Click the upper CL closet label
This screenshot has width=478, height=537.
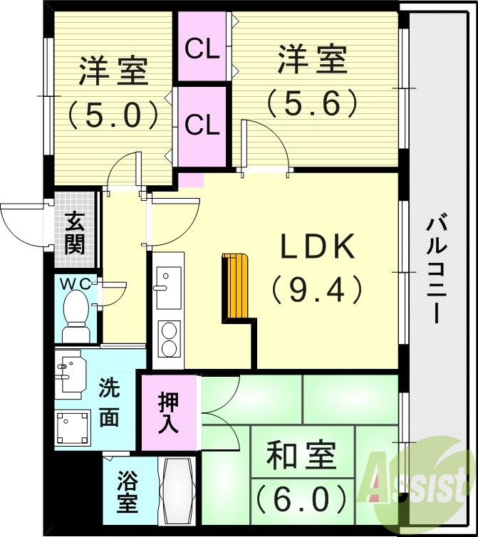pyautogui.click(x=202, y=50)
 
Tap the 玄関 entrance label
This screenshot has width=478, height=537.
pyautogui.click(x=74, y=233)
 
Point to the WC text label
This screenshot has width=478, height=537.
pyautogui.click(x=74, y=283)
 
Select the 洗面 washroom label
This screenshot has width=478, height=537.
pyautogui.click(x=109, y=405)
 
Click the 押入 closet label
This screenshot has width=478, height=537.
pyautogui.click(x=168, y=414)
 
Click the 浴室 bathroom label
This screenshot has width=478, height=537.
pyautogui.click(x=128, y=491)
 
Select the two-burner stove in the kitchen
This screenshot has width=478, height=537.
pyautogui.click(x=169, y=339)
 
